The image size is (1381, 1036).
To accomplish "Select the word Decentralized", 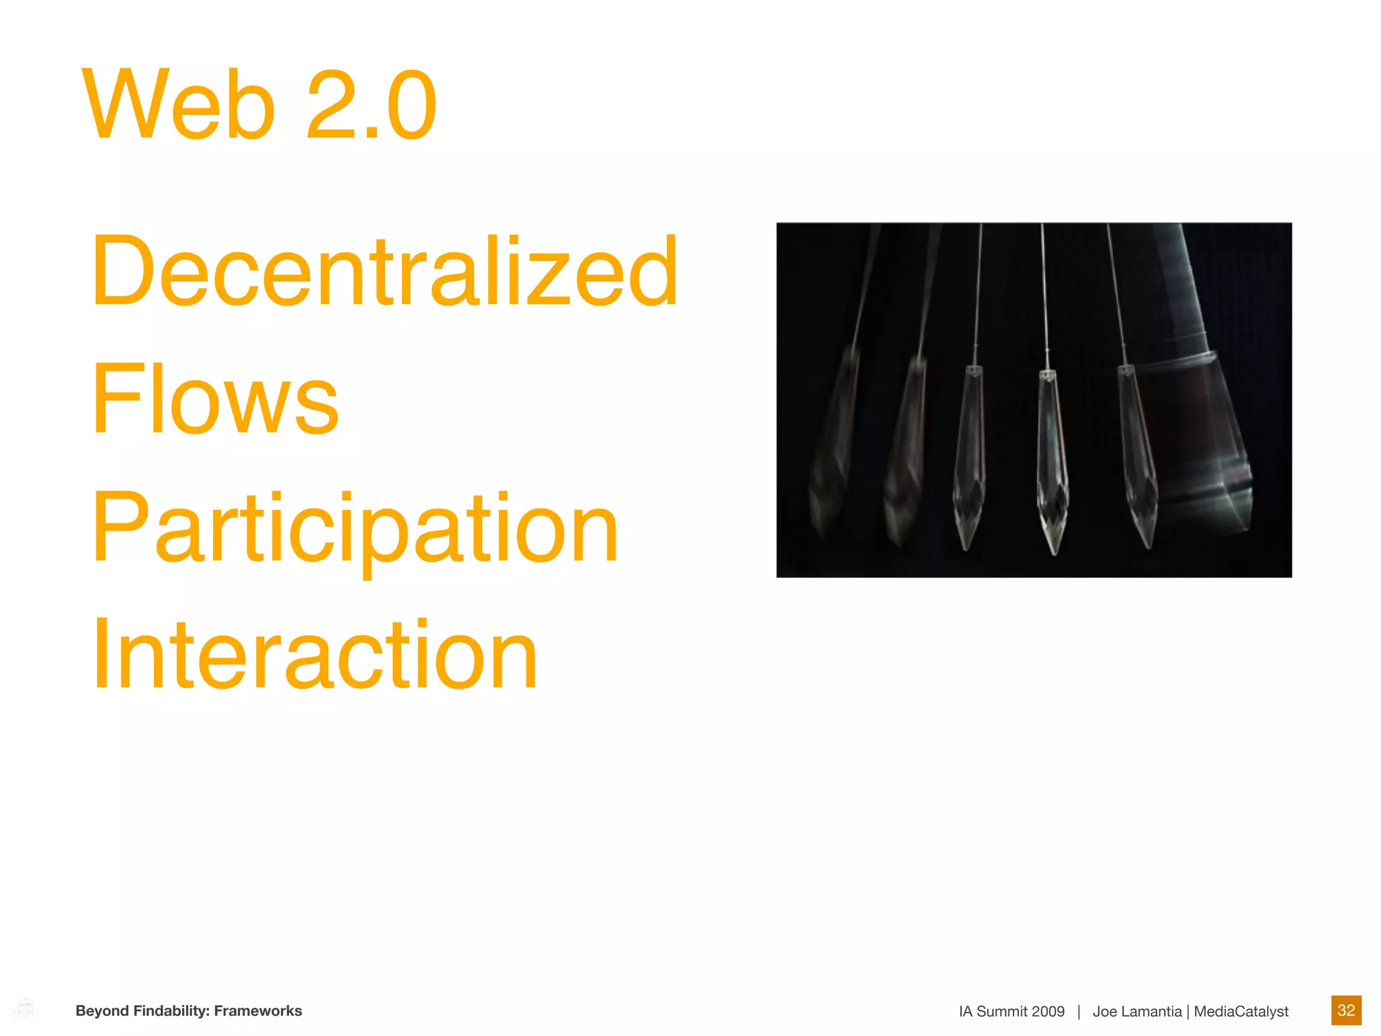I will tap(384, 271).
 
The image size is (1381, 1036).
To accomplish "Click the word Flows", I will tap(214, 399).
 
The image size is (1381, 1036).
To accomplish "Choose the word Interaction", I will tap(315, 656).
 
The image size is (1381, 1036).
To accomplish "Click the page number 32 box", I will tap(1346, 1010).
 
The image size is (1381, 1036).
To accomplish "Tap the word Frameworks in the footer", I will tap(258, 1010).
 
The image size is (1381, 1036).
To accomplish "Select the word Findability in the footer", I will tap(171, 1010).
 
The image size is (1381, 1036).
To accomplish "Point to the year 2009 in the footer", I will tap(1047, 1011).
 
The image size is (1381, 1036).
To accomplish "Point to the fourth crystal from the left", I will tap(1052, 465).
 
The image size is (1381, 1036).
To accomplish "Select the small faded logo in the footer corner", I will tap(26, 1010).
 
